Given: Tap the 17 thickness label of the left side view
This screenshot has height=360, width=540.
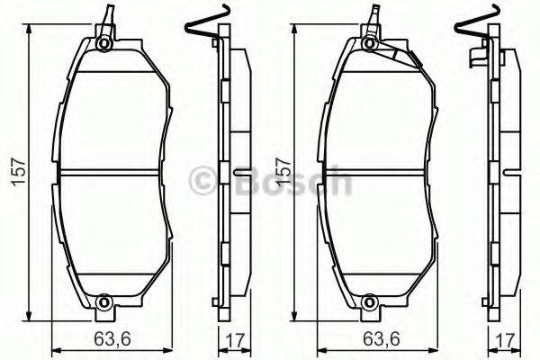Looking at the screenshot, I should [237, 339].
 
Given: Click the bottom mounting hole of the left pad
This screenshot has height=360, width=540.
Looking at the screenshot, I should [103, 301].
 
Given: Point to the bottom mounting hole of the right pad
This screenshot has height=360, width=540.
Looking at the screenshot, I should [370, 301].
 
